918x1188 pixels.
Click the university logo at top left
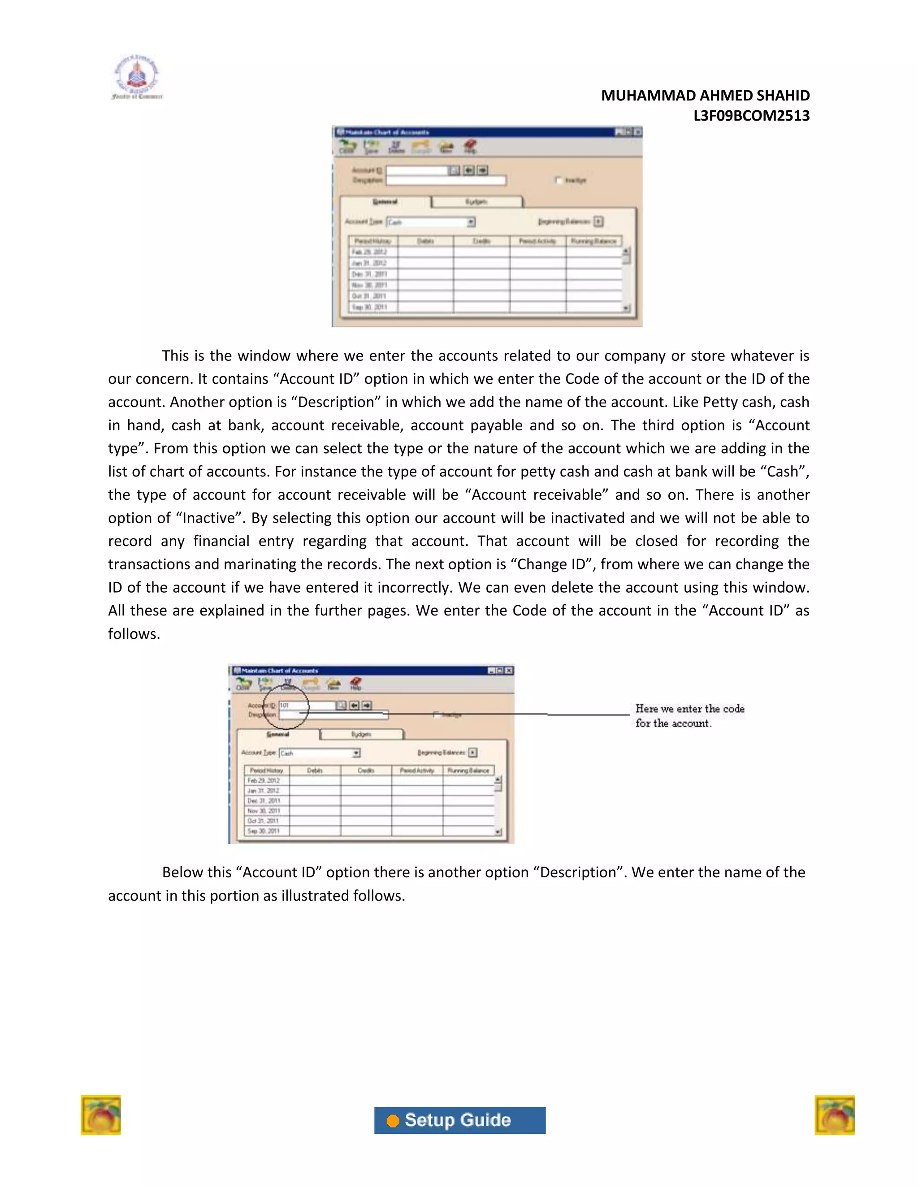(137, 77)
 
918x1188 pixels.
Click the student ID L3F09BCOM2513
(751, 116)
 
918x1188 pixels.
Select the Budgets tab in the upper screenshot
(476, 202)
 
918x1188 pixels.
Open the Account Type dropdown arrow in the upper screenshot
(471, 222)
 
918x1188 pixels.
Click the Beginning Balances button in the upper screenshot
(598, 221)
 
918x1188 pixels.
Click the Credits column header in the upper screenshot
(481, 241)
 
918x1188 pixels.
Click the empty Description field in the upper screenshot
(446, 180)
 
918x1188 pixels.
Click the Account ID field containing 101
(306, 706)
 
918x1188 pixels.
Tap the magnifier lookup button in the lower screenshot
(341, 706)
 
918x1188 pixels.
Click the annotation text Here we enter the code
(689, 709)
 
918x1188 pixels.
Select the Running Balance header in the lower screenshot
(468, 770)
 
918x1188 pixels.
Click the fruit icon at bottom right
(834, 1114)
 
